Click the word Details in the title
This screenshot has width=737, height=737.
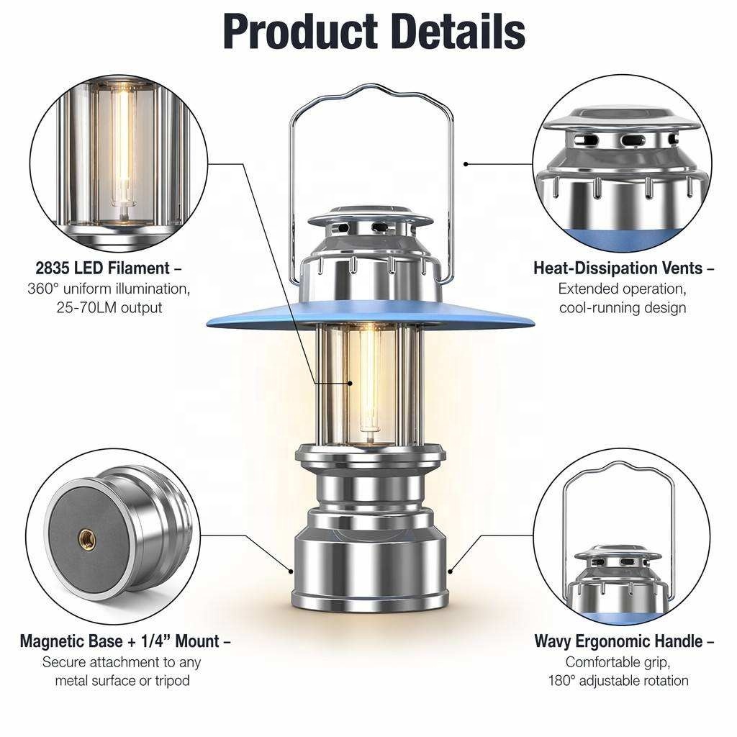458,32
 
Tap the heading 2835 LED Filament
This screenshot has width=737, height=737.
109,268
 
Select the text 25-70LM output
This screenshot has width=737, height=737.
109,308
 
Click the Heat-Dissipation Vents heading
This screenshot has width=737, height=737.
623,268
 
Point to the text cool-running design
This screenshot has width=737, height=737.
623,308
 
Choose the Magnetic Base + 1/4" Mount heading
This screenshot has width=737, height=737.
125,641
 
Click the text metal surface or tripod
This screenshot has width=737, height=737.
122,681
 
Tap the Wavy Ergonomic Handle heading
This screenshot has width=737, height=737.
624,641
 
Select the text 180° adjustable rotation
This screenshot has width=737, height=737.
618,681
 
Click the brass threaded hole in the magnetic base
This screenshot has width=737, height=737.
87,539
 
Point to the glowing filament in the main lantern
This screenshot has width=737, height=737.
369,376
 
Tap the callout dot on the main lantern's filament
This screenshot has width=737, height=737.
351,384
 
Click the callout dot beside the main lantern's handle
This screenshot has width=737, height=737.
466,164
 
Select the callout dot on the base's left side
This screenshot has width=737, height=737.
291,571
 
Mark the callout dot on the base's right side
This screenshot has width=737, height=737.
451,571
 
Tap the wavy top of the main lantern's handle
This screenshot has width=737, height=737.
371,90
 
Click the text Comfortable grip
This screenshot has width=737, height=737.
618,662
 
